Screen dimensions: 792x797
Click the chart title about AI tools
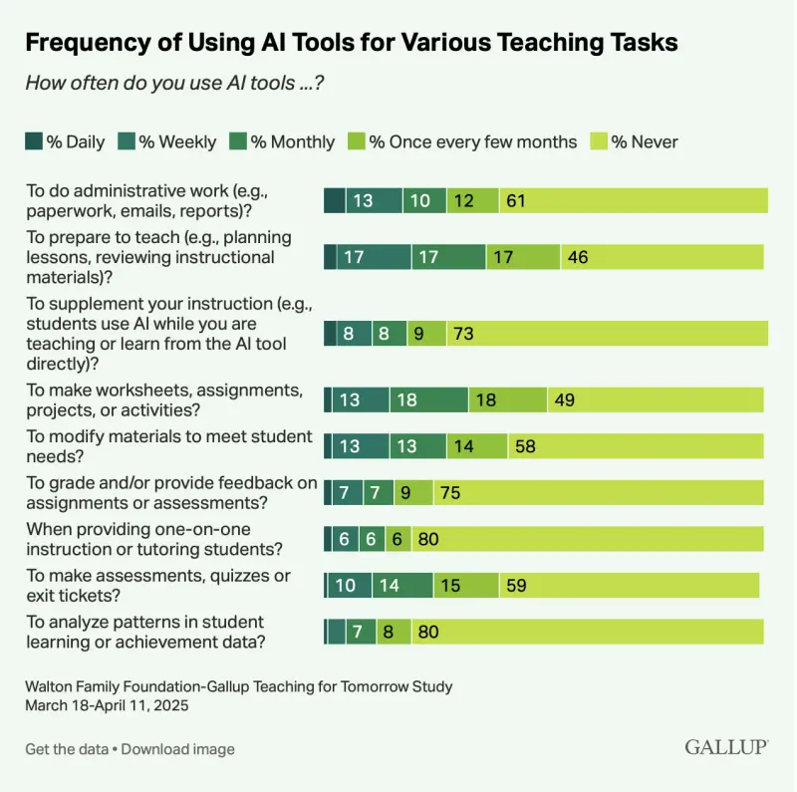[x=352, y=43]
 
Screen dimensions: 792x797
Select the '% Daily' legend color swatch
[x=33, y=141]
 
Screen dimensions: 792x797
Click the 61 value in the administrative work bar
[x=515, y=200]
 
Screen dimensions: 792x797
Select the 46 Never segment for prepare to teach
[x=578, y=257]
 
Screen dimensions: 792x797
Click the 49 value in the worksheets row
[x=565, y=400]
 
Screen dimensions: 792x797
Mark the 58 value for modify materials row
[x=525, y=446]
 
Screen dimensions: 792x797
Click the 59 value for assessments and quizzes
[x=517, y=586]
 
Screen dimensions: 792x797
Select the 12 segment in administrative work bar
[x=463, y=200]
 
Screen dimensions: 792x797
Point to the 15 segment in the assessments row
[x=450, y=586]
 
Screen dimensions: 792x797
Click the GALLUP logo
[x=724, y=746]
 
